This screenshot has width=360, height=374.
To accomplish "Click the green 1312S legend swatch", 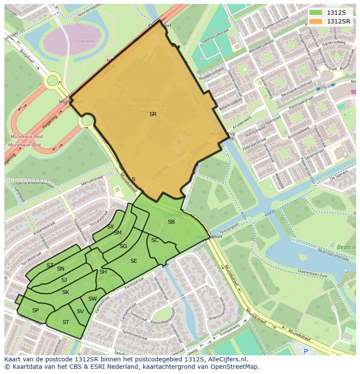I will point(316,13).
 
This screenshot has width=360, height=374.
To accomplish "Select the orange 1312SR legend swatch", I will point(316,21).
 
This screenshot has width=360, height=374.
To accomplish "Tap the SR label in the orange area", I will point(153,114).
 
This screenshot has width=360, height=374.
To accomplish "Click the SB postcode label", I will point(171,222).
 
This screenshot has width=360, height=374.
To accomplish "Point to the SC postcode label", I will point(155,240).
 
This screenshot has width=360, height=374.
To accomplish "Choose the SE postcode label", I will point(133,261).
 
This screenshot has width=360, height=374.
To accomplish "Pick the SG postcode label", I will point(123,246).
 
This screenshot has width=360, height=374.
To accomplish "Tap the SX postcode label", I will point(110,227).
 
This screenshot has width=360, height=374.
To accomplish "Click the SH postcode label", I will point(103,272).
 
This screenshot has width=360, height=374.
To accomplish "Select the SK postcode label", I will point(65,292).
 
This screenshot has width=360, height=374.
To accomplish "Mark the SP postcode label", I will point(35,311).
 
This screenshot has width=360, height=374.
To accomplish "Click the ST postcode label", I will point(66,322).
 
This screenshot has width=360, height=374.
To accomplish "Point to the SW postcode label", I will point(92,299).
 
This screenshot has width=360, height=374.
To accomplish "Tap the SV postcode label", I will point(80,311).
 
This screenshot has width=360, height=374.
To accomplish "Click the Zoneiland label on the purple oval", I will point(84,41).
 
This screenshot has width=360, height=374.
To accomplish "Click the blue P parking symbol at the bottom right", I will point(306,351).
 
